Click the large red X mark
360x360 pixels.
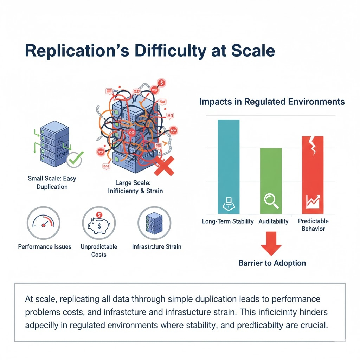coord(164,166)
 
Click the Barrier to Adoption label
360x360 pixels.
coord(272,263)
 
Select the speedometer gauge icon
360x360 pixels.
coord(44,223)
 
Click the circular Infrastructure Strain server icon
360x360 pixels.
coord(154,223)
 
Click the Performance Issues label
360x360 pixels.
coord(45,247)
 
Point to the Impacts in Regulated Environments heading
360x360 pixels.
coord(272,102)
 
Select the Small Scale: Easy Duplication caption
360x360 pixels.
coord(52,182)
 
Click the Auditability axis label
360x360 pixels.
coord(274,221)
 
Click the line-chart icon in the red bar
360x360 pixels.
coord(313,201)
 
